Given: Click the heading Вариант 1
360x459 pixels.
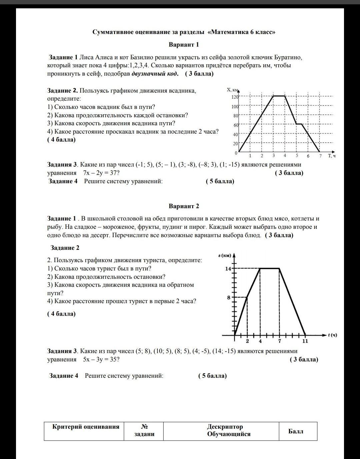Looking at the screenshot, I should click(x=184, y=45).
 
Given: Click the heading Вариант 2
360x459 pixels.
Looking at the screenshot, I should click(x=184, y=206).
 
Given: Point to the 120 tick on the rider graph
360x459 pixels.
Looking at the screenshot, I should click(x=235, y=97).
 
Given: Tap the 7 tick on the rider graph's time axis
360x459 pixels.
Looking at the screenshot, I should click(x=320, y=156).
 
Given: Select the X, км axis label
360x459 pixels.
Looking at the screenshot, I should click(x=233, y=90).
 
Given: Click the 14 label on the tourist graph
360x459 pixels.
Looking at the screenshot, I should click(x=228, y=268).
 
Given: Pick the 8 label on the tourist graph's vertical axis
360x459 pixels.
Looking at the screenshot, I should click(x=229, y=297).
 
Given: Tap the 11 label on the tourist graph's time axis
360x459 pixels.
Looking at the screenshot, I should click(x=305, y=341).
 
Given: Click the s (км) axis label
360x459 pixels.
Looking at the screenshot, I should click(x=225, y=255).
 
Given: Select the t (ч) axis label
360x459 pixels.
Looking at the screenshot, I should click(x=332, y=335).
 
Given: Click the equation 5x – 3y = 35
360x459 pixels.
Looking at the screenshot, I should click(x=101, y=359).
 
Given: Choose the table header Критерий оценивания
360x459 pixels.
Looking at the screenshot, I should click(x=86, y=427).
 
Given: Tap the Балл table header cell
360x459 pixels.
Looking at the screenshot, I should click(x=296, y=431).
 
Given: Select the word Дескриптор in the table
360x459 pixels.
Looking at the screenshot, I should click(x=225, y=427).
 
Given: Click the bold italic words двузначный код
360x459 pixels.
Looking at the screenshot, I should click(x=155, y=74).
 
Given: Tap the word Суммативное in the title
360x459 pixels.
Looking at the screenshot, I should click(x=114, y=32).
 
